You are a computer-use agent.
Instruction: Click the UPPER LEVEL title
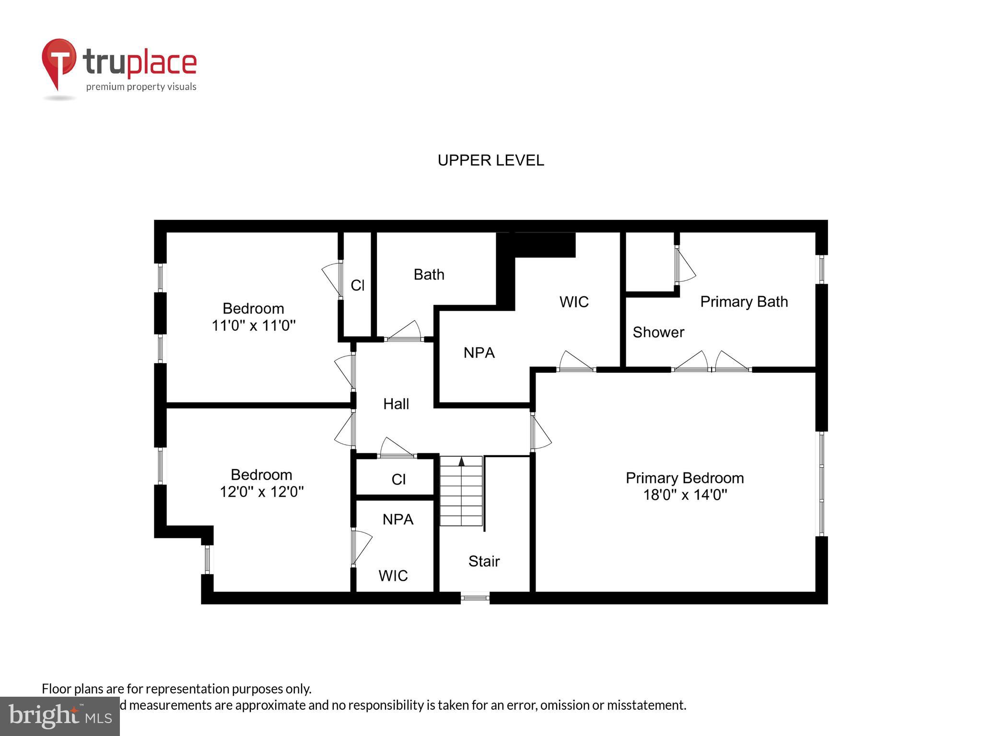tap(491, 161)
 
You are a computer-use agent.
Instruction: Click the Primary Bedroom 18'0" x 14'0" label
tap(685, 486)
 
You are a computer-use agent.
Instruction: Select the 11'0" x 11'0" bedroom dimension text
tap(253, 326)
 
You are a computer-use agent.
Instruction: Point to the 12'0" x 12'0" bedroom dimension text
tap(261, 492)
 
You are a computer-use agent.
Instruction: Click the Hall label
tap(396, 404)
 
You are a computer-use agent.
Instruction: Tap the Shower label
tap(658, 332)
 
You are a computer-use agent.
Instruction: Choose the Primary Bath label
tap(744, 301)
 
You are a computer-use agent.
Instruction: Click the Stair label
tap(484, 561)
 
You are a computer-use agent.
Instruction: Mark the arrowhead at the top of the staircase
tap(461, 461)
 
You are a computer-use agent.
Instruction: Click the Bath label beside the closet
tap(429, 275)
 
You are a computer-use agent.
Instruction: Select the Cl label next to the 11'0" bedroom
tap(357, 286)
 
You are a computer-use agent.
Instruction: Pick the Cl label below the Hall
tap(398, 479)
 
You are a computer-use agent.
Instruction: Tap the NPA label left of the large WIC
tap(479, 353)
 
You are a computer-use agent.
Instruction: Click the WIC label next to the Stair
tap(393, 575)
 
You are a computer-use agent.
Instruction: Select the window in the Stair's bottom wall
tap(475, 598)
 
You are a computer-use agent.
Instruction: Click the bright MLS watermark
tap(60, 716)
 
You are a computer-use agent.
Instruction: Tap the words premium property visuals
tap(141, 87)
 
